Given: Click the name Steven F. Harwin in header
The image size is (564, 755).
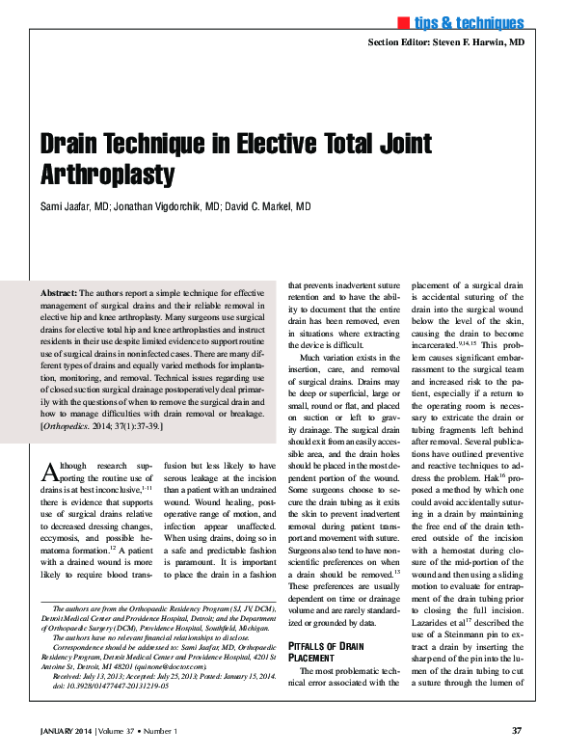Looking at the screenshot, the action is pyautogui.click(x=479, y=43).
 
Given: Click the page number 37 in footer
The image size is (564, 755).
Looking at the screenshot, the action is pyautogui.click(x=518, y=730).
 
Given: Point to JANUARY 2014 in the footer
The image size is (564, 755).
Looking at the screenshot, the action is pyautogui.click(x=72, y=730).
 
